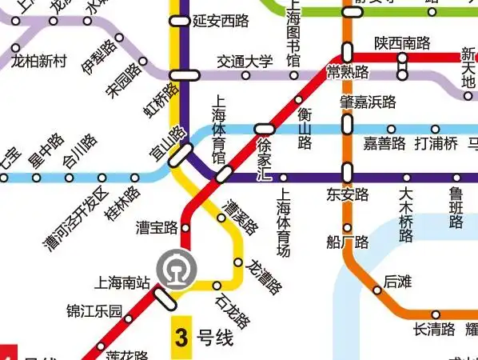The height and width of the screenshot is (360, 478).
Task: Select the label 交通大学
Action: (x=245, y=62)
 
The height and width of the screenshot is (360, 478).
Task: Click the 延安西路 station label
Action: (x=221, y=22)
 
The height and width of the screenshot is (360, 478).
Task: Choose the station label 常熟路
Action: (x=349, y=73)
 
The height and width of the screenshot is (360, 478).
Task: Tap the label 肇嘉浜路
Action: (x=367, y=102)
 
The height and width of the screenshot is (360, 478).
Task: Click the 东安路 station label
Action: (x=347, y=194)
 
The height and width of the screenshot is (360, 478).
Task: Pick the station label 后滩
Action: (x=396, y=282)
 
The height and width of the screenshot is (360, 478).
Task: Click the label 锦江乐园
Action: (x=94, y=310)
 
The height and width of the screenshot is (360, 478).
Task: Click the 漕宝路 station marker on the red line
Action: (x=185, y=228)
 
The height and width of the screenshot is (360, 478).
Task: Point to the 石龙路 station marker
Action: (x=217, y=286)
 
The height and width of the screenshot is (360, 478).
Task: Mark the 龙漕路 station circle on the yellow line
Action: (x=237, y=262)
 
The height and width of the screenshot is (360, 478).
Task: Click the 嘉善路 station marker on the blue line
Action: (x=391, y=130)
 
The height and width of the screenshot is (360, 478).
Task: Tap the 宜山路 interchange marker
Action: (x=181, y=154)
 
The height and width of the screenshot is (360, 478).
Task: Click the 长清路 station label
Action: (x=434, y=329)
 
